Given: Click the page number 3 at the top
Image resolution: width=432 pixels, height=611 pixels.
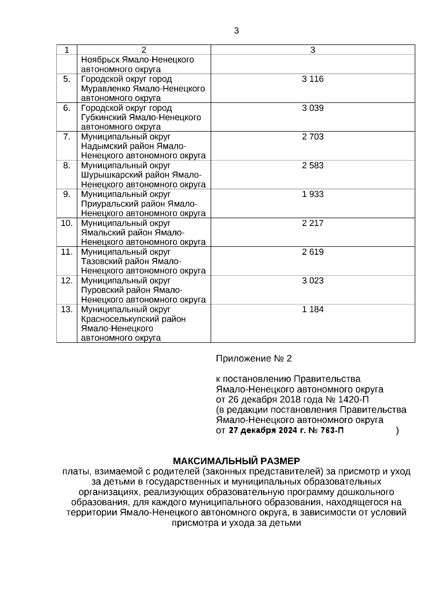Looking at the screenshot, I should pos(236,31).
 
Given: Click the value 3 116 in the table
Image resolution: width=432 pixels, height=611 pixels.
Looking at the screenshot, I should pos(312,79).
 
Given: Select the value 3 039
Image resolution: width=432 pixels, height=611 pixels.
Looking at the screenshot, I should pos(312,108).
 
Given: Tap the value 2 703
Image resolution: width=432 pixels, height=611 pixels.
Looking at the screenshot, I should pos(312,137).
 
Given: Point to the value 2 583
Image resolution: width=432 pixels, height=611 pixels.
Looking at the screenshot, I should pos(312,166).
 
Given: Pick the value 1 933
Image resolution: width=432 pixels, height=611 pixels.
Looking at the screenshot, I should pos(312,194).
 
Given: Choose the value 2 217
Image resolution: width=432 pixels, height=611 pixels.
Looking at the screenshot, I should pos(312,223).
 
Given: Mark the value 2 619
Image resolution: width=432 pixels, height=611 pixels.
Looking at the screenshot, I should pos(312,252).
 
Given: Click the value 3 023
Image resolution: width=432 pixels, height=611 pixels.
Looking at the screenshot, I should pos(312,281).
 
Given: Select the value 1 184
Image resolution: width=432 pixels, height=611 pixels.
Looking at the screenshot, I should pos(312,309).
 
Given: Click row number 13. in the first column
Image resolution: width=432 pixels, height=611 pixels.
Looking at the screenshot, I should pos(67,309).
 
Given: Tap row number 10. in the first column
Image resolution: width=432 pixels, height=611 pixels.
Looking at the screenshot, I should pos(67,223).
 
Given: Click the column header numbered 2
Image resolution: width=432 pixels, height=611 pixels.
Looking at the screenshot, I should pos(144,50).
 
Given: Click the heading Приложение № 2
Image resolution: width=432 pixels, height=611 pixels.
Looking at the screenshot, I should pos(253,359).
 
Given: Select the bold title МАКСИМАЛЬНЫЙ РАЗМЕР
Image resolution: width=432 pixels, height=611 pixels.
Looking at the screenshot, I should pos(237,461).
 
